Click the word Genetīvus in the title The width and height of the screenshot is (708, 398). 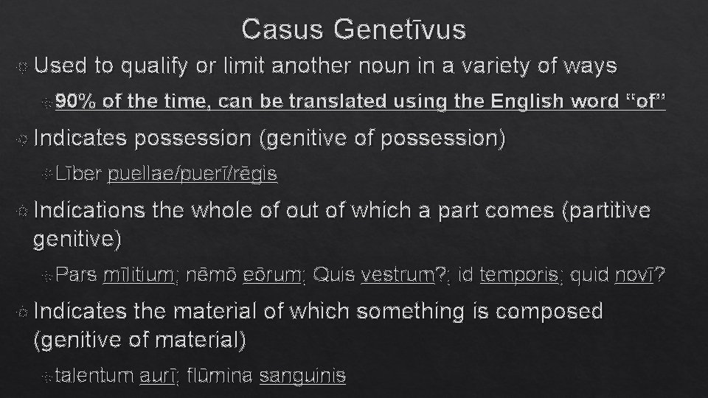pyautogui.click(x=400, y=29)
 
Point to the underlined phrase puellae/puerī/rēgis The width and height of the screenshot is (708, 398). pyautogui.click(x=192, y=175)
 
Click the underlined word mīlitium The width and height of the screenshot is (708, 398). pyautogui.click(x=139, y=276)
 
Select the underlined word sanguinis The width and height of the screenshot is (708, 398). pyautogui.click(x=302, y=376)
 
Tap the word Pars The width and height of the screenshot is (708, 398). pyautogui.click(x=75, y=276)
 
